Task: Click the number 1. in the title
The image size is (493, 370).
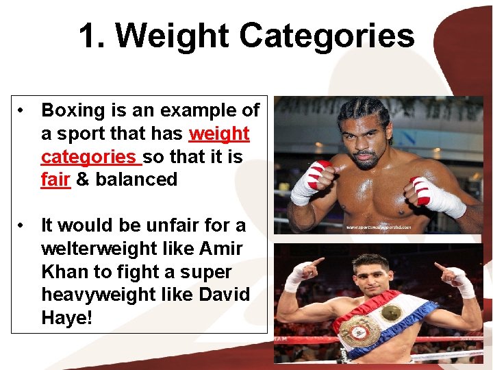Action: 92,36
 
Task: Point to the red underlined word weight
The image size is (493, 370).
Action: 219,134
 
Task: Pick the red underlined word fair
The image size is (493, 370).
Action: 55,180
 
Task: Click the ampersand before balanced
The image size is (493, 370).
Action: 83,180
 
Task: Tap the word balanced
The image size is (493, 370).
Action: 136,180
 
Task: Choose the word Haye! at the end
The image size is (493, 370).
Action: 66,319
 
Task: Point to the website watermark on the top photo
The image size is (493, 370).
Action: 378,227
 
